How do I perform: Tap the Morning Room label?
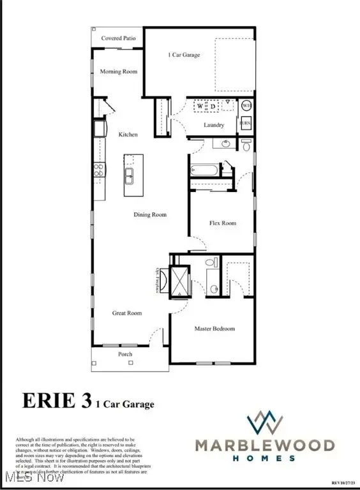(119, 71)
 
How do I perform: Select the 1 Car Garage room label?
(184, 55)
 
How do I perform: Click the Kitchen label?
(128, 135)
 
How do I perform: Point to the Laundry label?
(213, 125)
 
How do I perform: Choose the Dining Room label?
(151, 215)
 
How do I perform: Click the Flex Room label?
(223, 223)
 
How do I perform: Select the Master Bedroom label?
(214, 329)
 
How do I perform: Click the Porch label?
(124, 354)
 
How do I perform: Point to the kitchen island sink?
(133, 175)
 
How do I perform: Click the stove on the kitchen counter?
(100, 170)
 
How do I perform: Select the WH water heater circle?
(246, 105)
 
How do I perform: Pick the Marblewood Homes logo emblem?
(265, 422)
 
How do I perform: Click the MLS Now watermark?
(20, 478)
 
